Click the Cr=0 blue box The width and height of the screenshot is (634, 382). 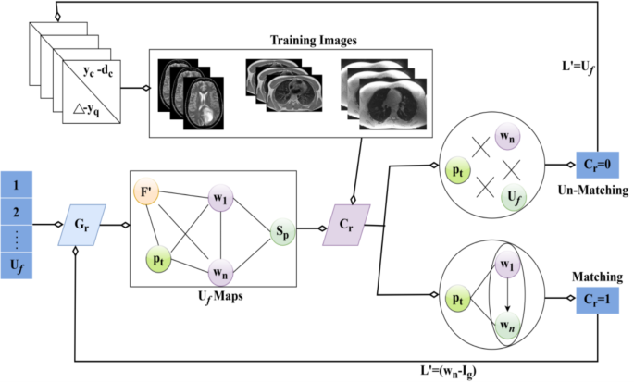pos(598,164)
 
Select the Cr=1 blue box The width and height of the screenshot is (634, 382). pos(598,299)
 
